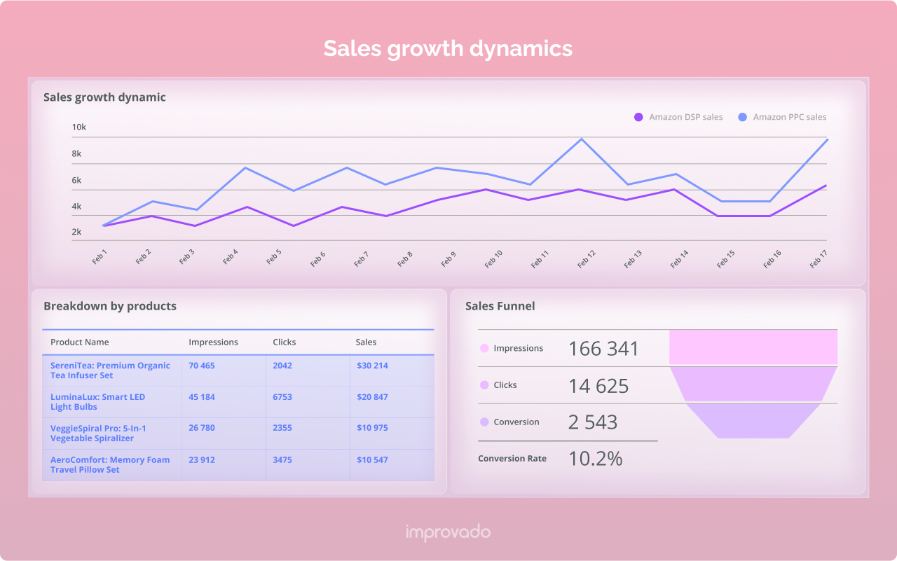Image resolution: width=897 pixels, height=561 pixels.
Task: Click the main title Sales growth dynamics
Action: [x=448, y=48]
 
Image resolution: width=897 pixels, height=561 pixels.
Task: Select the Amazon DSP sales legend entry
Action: [x=678, y=117]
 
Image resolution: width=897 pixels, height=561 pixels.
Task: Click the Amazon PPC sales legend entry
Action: [x=782, y=117]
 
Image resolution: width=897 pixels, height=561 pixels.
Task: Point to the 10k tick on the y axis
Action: [x=78, y=127]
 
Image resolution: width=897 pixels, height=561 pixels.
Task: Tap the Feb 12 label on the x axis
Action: [x=587, y=259]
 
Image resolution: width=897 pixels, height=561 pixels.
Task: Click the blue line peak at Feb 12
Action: [x=581, y=139]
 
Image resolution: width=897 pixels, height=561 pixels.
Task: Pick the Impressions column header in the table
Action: [x=213, y=342]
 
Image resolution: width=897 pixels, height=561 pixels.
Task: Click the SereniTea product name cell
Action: [x=110, y=370]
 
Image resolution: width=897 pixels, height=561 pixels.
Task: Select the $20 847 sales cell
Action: [x=372, y=397]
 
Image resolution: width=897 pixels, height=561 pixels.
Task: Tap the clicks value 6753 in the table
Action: [x=282, y=397]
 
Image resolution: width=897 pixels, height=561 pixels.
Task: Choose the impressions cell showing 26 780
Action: [x=202, y=428]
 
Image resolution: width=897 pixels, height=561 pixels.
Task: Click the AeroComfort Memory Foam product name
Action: [x=110, y=465]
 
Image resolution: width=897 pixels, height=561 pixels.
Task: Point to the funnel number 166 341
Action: [x=603, y=349]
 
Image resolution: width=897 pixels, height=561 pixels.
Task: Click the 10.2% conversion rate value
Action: [x=595, y=459]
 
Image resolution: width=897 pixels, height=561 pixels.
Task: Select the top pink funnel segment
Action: [x=753, y=347]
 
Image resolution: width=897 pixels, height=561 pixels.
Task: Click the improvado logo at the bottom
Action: [x=448, y=532]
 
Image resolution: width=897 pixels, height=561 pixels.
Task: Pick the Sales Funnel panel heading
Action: [x=500, y=306]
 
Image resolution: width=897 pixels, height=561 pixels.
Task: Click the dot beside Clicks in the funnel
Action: [x=484, y=385]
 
